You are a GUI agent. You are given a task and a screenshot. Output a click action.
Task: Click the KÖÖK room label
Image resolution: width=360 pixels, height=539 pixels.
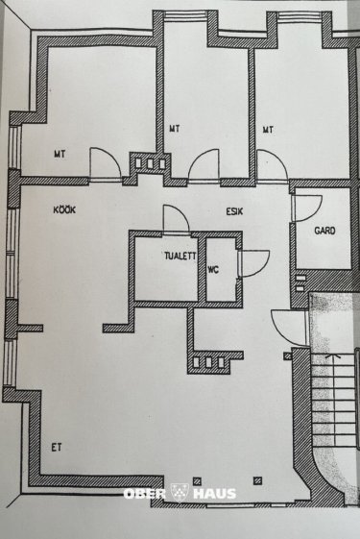coord(64,209)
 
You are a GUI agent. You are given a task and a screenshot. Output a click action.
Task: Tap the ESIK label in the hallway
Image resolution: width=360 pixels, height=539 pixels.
coord(234,210)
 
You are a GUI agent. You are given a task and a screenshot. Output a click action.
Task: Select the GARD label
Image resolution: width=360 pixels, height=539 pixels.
coord(324,231)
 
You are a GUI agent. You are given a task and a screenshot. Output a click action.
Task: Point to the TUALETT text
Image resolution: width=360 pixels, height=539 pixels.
coord(180,256)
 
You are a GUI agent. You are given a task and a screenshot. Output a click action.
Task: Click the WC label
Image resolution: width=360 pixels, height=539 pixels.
coord(213,270)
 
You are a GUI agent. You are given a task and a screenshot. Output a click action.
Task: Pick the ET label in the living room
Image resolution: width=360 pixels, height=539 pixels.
coord(57,447)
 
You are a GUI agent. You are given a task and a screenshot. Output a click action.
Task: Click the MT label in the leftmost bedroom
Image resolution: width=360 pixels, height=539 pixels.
coord(60,154)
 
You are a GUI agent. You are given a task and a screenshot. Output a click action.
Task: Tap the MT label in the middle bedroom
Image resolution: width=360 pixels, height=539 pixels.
coord(175,129)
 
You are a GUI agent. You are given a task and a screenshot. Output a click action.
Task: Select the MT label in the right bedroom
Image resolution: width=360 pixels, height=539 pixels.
coord(268,130)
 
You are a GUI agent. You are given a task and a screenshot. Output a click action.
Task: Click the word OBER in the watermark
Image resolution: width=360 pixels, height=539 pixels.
coord(145,494)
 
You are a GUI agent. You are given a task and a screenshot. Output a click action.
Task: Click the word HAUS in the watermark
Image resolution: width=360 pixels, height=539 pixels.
coord(215,494)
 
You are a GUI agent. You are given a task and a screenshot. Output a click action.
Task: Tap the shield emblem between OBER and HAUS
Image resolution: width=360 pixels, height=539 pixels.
coord(180,493)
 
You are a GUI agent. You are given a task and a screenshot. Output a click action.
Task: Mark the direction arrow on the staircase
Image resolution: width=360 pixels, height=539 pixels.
coord(330,357)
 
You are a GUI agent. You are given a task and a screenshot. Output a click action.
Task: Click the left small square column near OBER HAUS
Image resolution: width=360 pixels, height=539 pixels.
coord(197,481)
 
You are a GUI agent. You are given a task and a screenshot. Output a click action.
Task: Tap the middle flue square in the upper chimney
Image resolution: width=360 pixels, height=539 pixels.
coord(150,163)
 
